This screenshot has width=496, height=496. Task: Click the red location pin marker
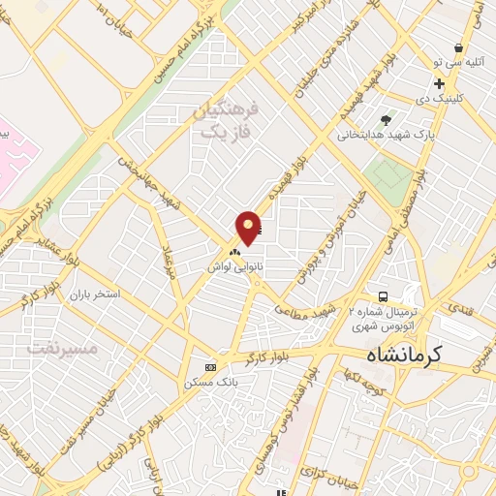point(248,227)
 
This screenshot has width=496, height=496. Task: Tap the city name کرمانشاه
point(433,354)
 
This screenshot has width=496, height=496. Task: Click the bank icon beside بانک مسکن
point(211,367)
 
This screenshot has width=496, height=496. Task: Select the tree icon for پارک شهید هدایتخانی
point(387,120)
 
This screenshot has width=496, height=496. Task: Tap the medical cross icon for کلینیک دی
point(440,84)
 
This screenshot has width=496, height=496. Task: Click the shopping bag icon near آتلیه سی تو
point(458,47)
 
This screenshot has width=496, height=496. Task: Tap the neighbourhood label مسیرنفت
point(64,345)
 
